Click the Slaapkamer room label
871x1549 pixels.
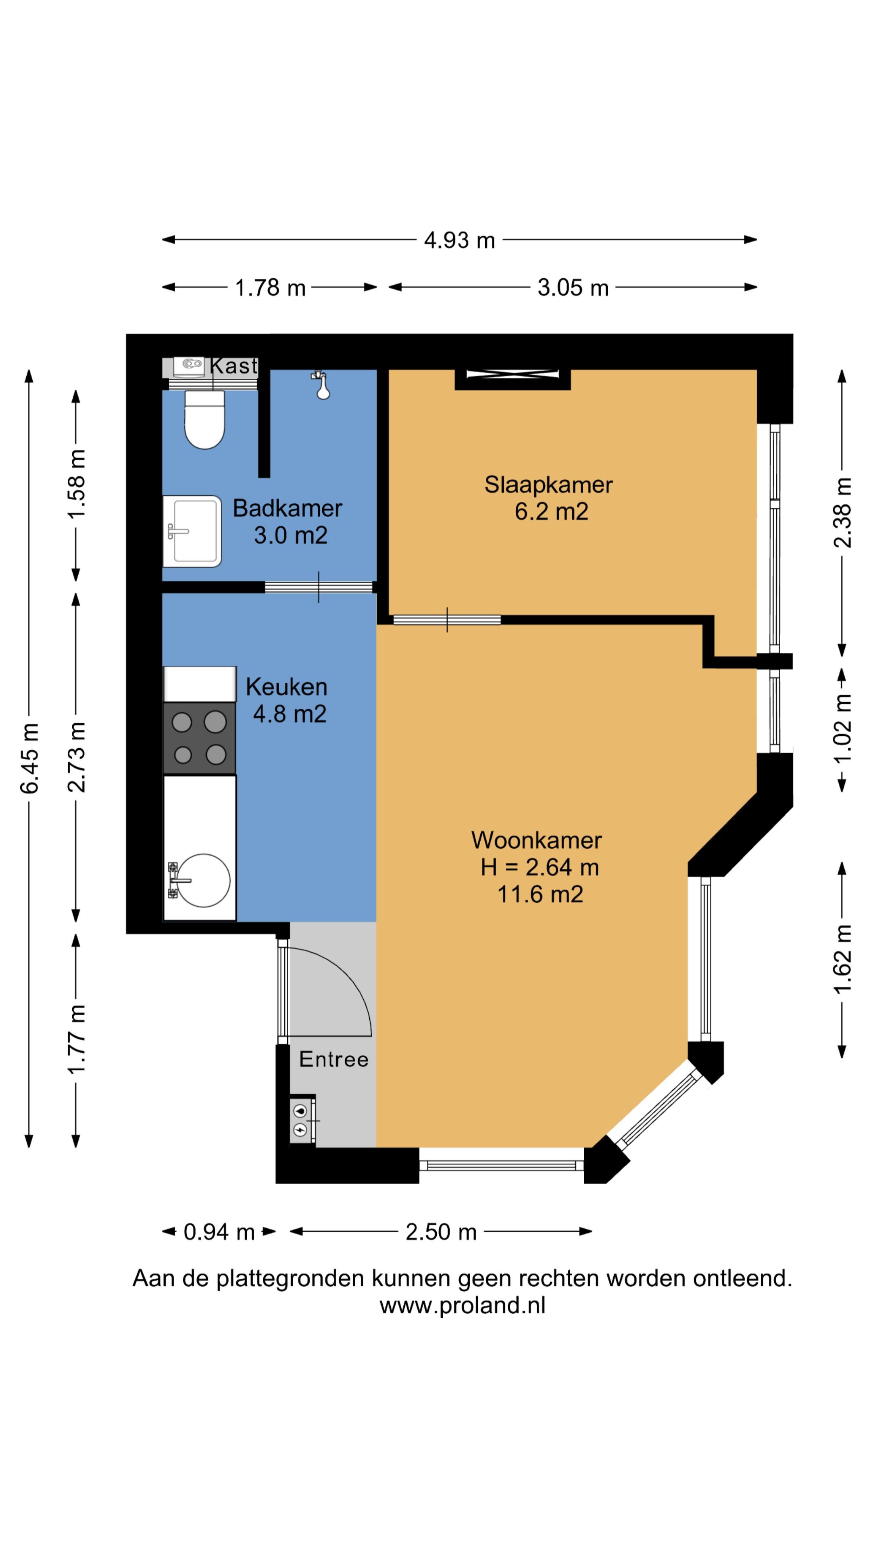tap(548, 484)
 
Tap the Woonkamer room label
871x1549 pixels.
tap(536, 840)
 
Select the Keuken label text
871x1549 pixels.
tap(286, 687)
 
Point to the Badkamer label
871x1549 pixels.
tap(288, 508)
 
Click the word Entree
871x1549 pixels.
tap(333, 1059)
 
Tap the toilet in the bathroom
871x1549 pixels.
tap(204, 419)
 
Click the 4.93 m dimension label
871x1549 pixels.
tap(459, 240)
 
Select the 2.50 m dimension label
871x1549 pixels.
tap(441, 1232)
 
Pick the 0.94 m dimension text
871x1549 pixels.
tap(219, 1232)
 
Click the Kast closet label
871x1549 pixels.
tap(234, 365)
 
